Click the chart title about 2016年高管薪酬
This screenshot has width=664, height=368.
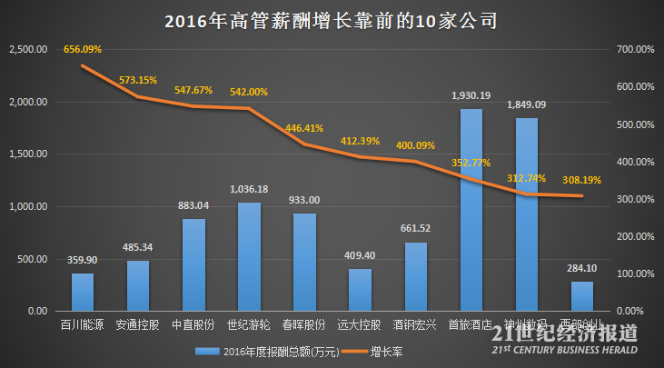click(x=331, y=20)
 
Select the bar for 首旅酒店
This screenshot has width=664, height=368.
click(x=471, y=210)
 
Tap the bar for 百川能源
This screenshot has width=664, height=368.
click(x=83, y=292)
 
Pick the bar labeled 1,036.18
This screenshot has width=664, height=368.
click(x=249, y=256)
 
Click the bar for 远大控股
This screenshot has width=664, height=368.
click(x=360, y=289)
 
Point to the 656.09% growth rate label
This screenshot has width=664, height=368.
click(x=83, y=49)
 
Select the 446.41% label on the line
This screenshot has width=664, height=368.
click(x=304, y=128)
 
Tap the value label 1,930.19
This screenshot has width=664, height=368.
click(x=471, y=95)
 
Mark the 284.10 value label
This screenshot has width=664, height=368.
click(x=582, y=268)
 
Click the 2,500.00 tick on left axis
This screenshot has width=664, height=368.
click(x=27, y=50)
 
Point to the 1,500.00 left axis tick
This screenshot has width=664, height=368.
click(x=27, y=154)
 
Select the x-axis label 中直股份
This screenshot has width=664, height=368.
click(x=193, y=323)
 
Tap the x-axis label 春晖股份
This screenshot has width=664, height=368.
click(x=304, y=323)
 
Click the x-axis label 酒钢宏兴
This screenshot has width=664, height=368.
click(x=415, y=323)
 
